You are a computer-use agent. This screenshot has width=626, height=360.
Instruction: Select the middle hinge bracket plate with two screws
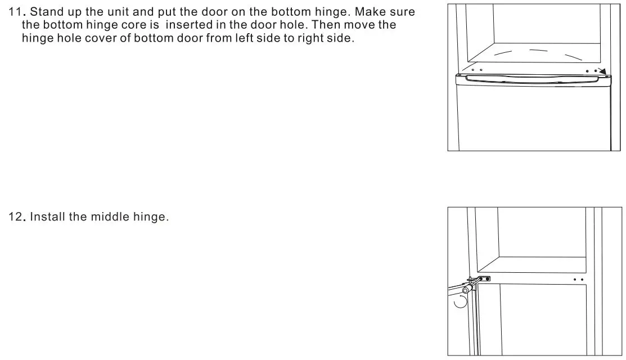click(x=483, y=278)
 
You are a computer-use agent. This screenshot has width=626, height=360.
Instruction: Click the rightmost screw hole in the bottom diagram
click(x=582, y=280)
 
